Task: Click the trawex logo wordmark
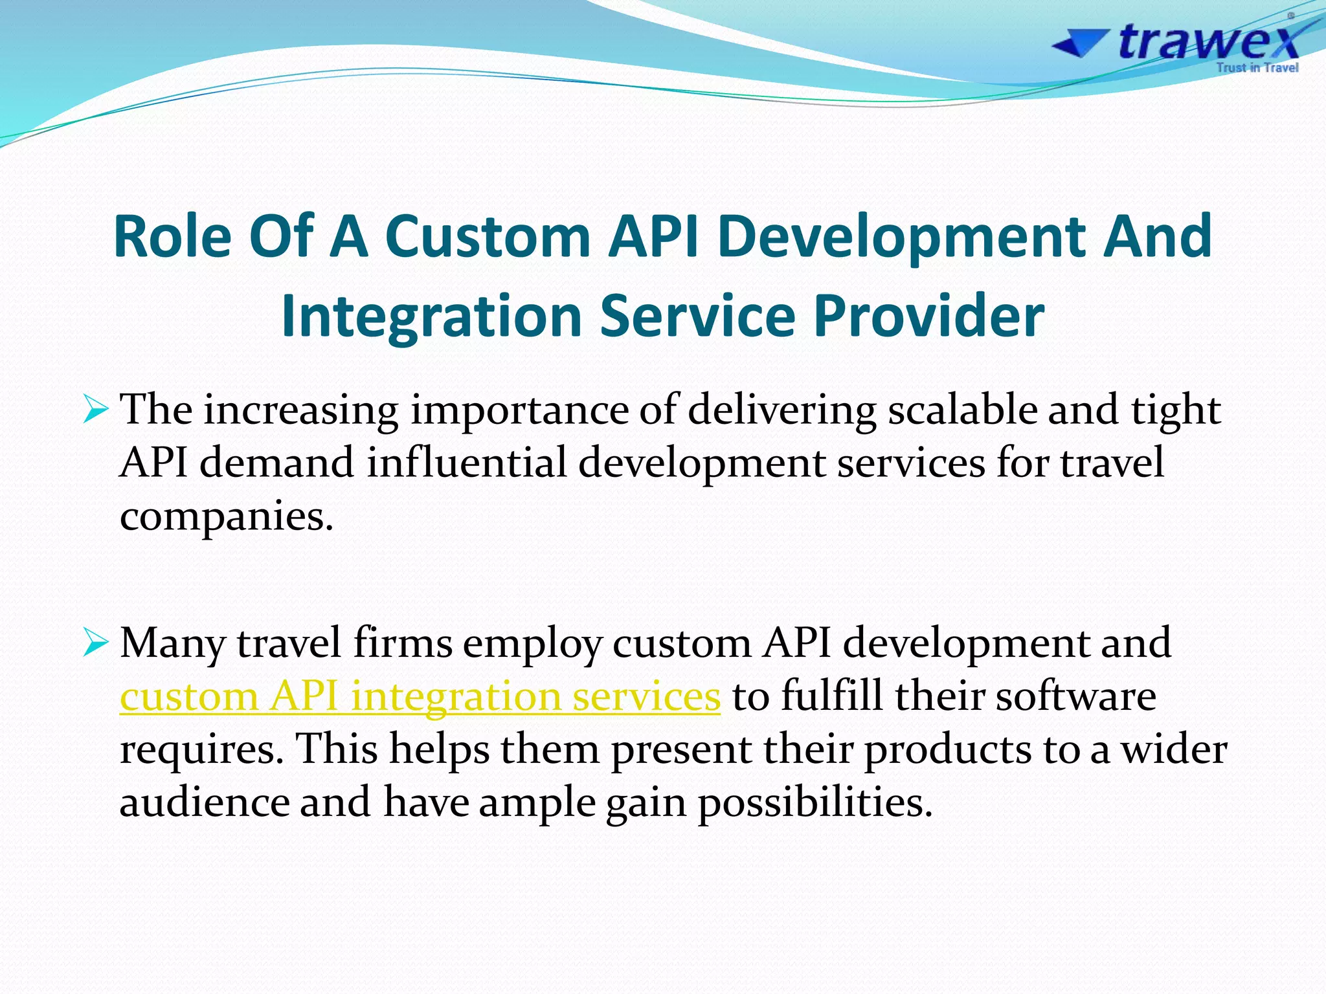(x=1207, y=41)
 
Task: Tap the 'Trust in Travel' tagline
(x=1257, y=68)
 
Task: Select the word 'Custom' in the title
(x=488, y=236)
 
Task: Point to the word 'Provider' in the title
(x=928, y=316)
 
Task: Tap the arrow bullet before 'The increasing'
(x=95, y=410)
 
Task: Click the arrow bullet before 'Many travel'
(x=95, y=643)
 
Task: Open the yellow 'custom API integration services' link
(x=420, y=697)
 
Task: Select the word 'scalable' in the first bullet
(x=962, y=410)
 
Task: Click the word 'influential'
(x=467, y=463)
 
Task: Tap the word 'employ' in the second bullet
(x=532, y=645)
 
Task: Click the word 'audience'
(x=205, y=803)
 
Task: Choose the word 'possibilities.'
(x=815, y=803)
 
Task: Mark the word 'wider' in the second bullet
(x=1173, y=750)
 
